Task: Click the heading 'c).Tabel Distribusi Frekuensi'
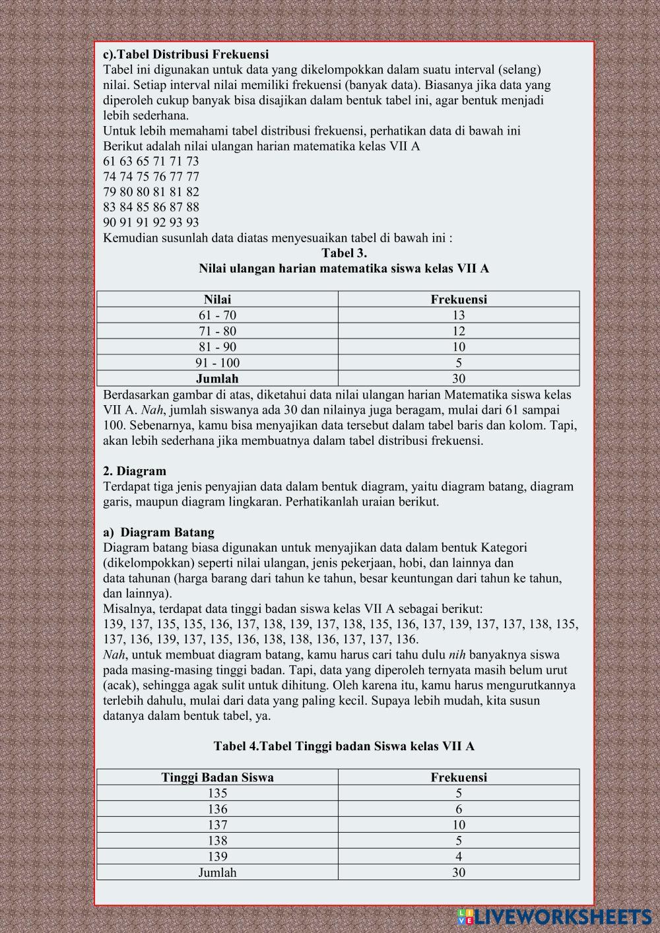186,54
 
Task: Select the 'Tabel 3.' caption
344,253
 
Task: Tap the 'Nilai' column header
217,299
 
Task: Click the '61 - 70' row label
217,315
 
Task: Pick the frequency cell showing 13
459,315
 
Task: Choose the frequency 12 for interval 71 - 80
459,331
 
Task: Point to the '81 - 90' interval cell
217,346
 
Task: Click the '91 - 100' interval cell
217,362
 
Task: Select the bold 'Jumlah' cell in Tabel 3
217,378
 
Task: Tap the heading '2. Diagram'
135,471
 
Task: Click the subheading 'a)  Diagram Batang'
158,532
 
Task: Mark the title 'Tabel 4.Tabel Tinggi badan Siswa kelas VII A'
344,746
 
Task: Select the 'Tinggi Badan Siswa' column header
217,777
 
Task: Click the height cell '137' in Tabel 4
217,824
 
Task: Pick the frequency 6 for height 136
459,808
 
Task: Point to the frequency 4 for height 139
459,856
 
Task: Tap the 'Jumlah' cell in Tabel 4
217,872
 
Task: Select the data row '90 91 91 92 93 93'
151,222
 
